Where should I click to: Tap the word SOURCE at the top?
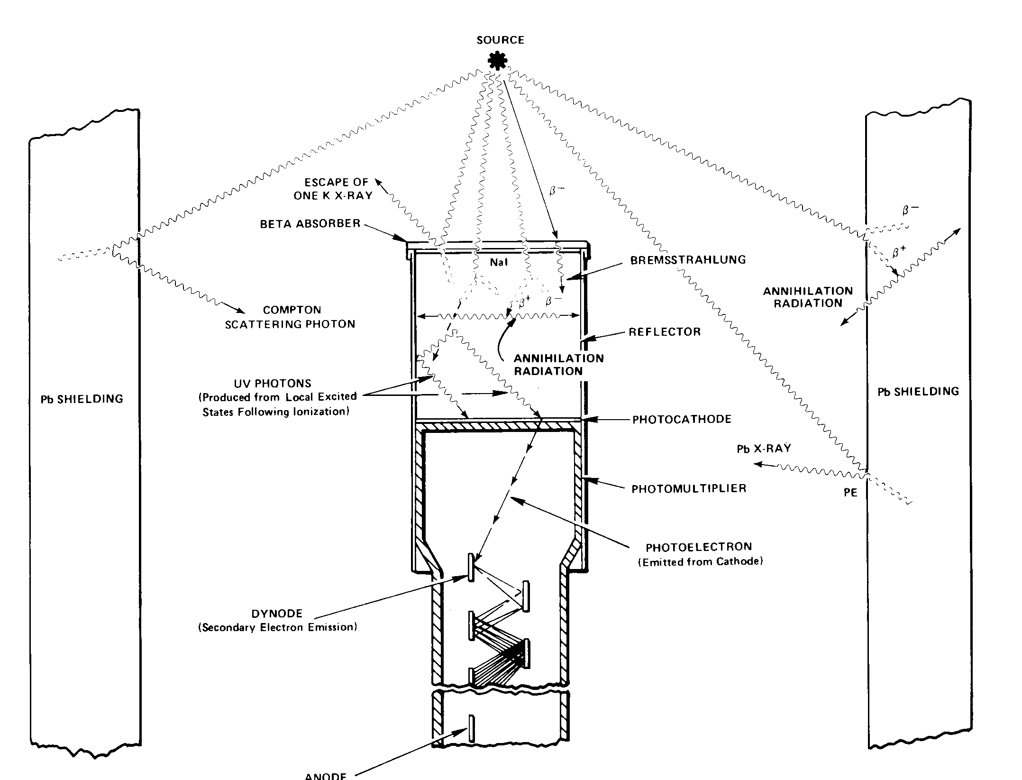tap(501, 40)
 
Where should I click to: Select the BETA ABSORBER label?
tap(310, 224)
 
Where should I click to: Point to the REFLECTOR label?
tap(665, 332)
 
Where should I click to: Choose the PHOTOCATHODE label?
tap(682, 419)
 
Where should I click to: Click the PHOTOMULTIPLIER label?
tap(689, 488)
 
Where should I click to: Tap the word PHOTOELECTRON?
tap(699, 547)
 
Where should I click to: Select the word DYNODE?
tap(277, 614)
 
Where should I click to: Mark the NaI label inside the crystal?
tap(499, 262)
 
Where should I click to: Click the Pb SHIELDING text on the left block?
tap(82, 399)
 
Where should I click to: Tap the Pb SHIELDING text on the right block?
tap(918, 392)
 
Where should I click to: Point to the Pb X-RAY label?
tap(764, 449)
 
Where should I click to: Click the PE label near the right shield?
tap(850, 493)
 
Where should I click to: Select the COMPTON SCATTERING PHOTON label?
tap(290, 317)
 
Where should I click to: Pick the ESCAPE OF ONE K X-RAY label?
tap(333, 189)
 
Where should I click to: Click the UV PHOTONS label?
tap(273, 383)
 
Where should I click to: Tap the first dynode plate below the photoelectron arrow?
tap(471, 567)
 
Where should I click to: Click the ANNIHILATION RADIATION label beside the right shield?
tap(808, 297)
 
